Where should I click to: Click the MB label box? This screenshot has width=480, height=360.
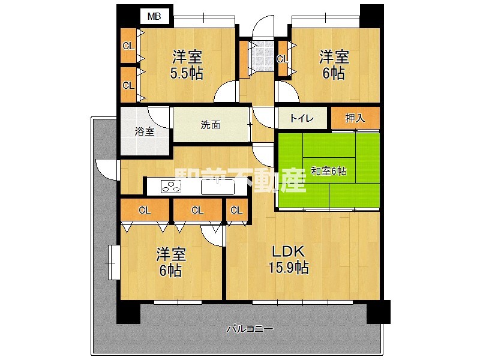pyautogui.click(x=154, y=16)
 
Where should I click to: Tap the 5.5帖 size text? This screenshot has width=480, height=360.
pyautogui.click(x=187, y=74)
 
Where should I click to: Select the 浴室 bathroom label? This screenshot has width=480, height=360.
pyautogui.click(x=145, y=131)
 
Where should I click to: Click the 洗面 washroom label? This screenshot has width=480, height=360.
pyautogui.click(x=210, y=125)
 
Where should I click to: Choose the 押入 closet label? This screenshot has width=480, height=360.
pyautogui.click(x=355, y=118)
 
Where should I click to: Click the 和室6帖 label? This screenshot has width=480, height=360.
pyautogui.click(x=328, y=171)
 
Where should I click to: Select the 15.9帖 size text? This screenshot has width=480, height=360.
pyautogui.click(x=289, y=268)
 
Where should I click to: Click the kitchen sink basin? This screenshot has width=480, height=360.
pyautogui.click(x=214, y=188)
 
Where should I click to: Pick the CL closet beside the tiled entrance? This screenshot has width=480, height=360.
pyautogui.click(x=282, y=59)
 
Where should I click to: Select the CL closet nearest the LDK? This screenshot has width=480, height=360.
pyautogui.click(x=236, y=210)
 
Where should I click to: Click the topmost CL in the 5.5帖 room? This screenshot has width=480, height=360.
pyautogui.click(x=128, y=46)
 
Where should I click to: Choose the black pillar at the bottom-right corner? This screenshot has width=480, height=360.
pyautogui.click(x=378, y=311)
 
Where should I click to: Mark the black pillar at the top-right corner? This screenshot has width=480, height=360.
pyautogui.click(x=371, y=13)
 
